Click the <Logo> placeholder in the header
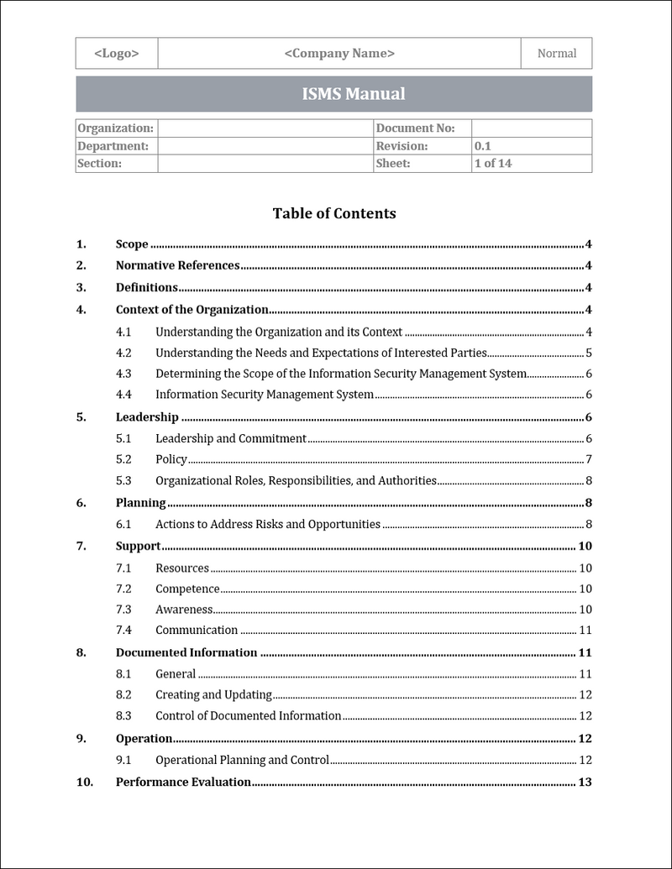point(117,54)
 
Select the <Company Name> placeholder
point(339,54)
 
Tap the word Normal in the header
point(556,54)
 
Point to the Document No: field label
point(415,128)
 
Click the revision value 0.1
point(482,146)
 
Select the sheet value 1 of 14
point(492,164)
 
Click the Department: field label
point(113,146)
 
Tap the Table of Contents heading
point(333,213)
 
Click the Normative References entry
point(177,266)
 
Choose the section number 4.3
point(123,374)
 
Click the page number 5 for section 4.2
point(590,353)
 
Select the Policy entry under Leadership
point(171,459)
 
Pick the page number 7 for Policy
point(590,459)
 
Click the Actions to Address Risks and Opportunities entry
point(268,525)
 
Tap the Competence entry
point(187,589)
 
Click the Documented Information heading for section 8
point(186,652)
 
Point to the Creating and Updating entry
point(213,694)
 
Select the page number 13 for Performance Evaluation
point(585,782)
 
